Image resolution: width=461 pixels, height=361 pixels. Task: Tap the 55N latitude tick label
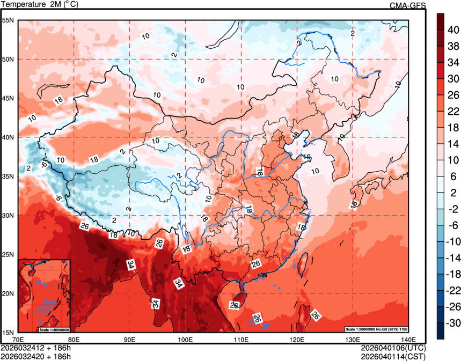8,20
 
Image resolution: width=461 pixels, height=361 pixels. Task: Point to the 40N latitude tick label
8,137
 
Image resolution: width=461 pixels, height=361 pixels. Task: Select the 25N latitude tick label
8,254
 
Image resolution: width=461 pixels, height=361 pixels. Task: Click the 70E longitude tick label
18,339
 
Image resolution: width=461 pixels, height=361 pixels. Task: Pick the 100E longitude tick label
185,339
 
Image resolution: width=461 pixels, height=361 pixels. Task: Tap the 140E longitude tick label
408,339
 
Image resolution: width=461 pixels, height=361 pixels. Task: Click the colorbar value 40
452,31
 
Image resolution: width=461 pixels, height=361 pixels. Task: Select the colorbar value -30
452,323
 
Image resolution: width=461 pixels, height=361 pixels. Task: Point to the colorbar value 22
452,112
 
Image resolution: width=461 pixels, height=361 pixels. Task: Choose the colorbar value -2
452,209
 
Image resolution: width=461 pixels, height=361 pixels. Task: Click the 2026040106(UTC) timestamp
393,348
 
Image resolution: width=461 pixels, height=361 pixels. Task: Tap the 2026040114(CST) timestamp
393,356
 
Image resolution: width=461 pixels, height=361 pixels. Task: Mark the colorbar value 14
452,144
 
